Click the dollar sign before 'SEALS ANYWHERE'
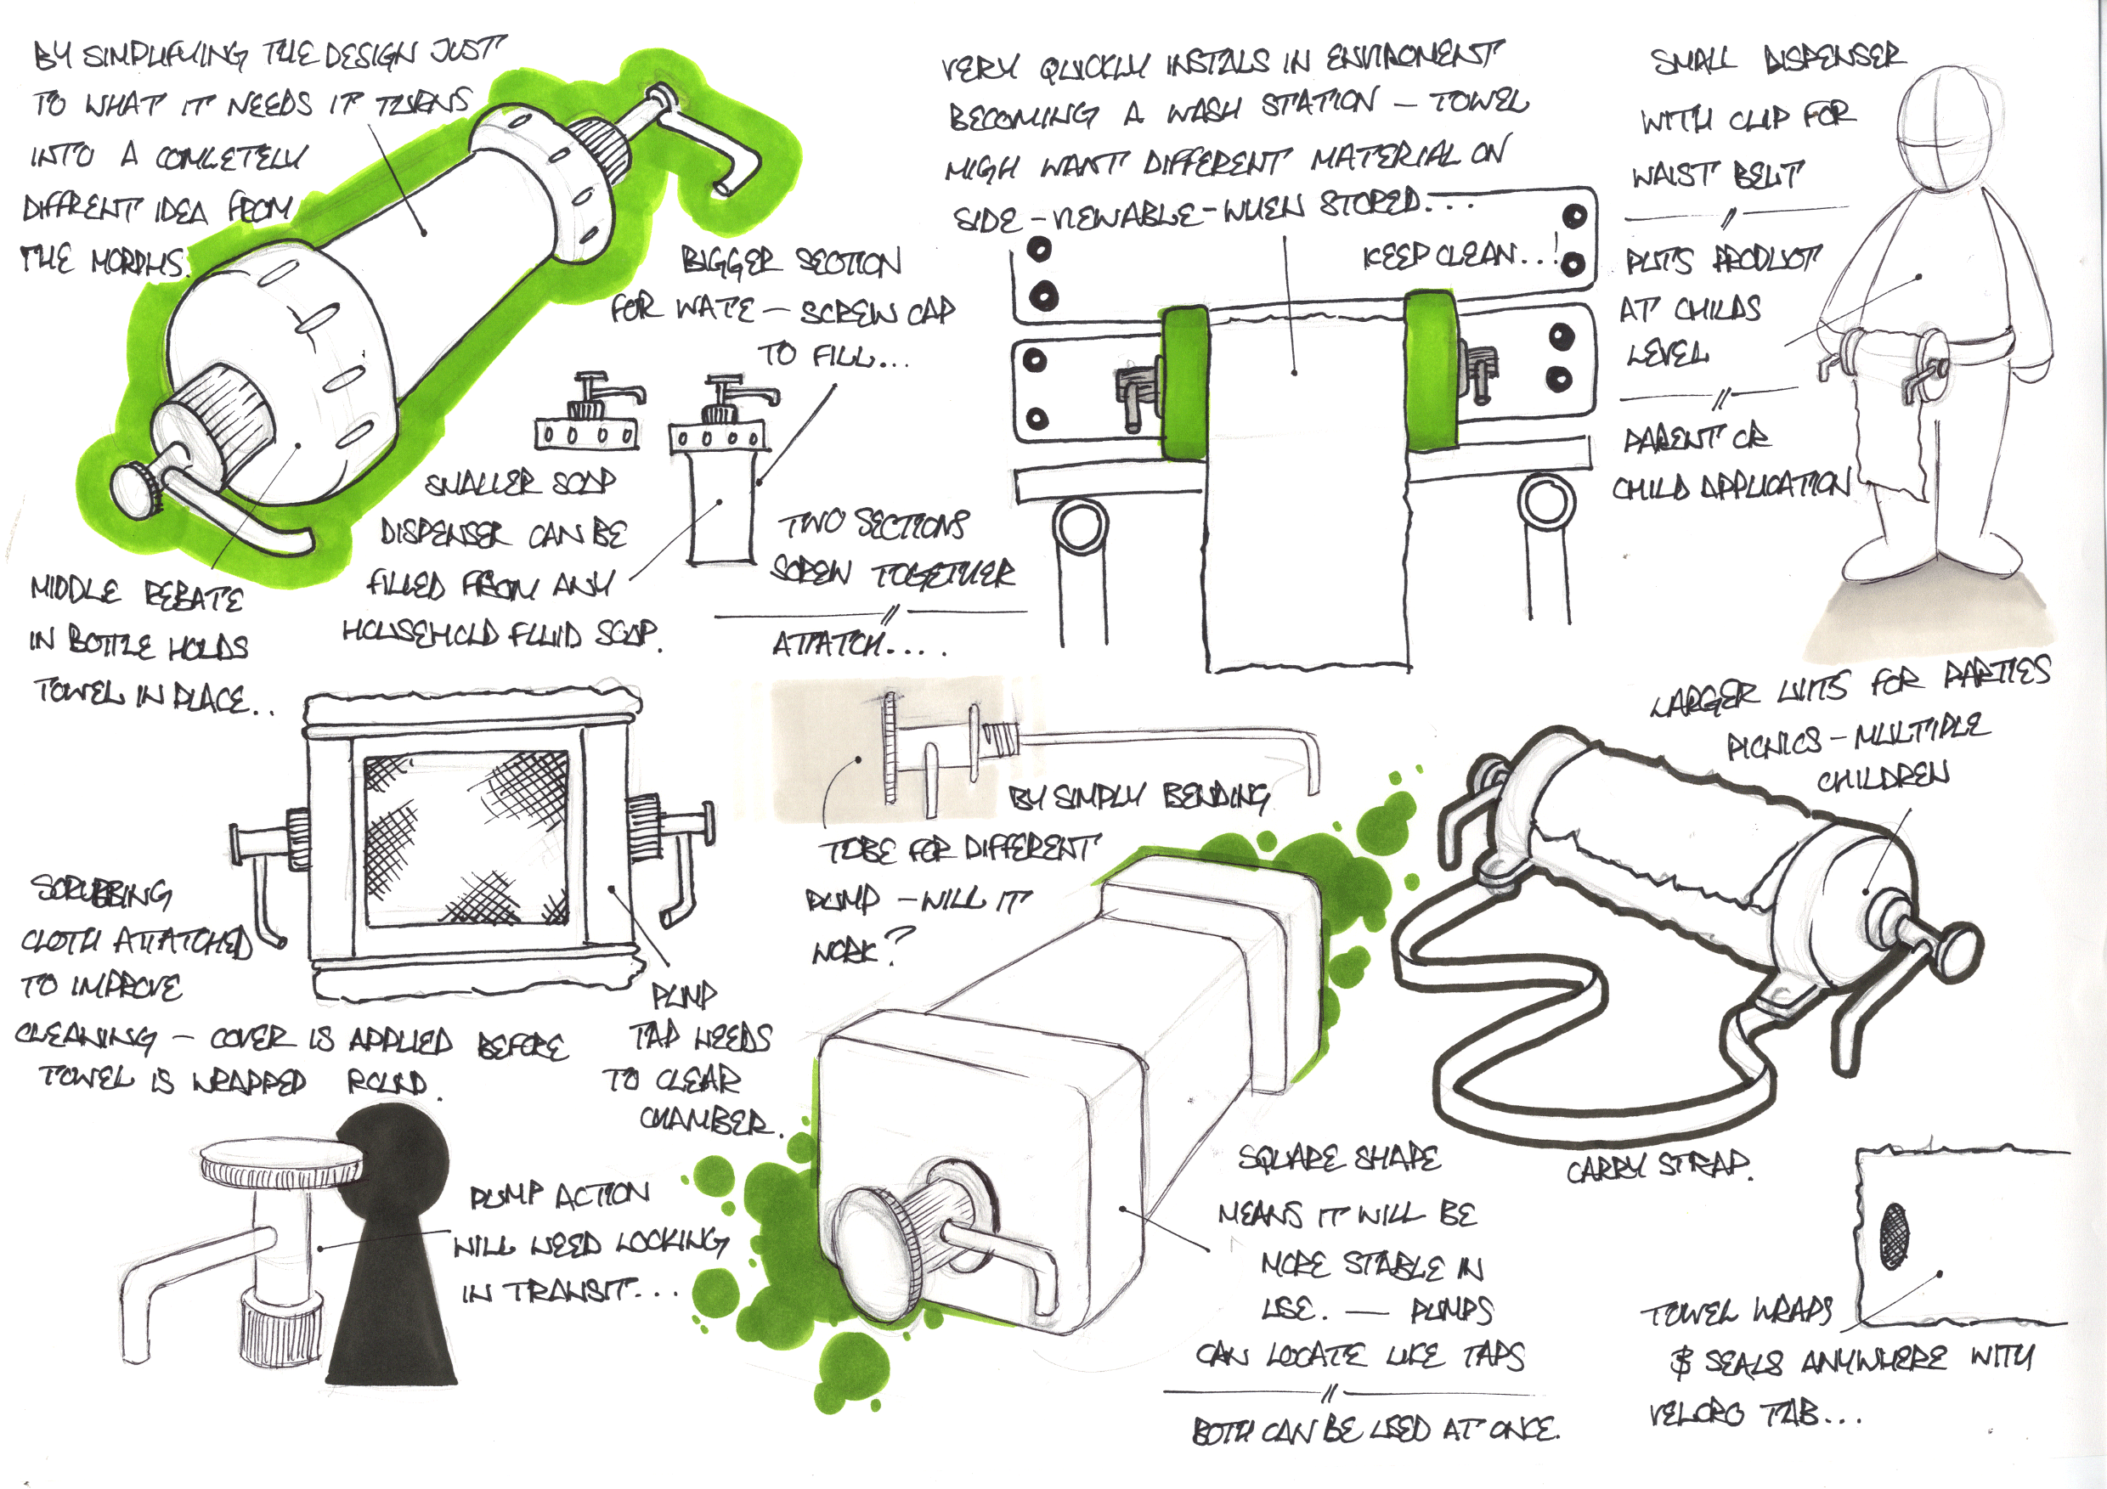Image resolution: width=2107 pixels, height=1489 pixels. pyautogui.click(x=1681, y=1362)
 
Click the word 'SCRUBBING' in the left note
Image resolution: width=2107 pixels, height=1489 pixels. pyautogui.click(x=102, y=891)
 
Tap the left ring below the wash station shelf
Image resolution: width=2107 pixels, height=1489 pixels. pyautogui.click(x=1081, y=528)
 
